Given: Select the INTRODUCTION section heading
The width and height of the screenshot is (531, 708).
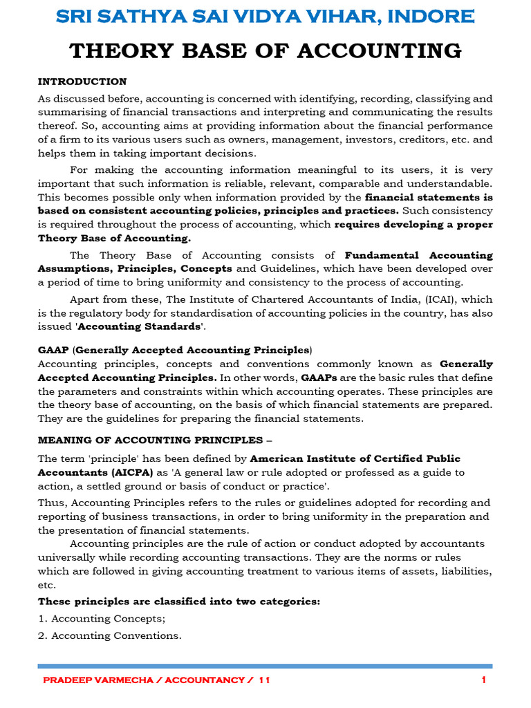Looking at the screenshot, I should tap(82, 82).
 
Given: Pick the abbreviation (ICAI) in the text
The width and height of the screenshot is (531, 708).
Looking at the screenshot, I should tap(438, 299).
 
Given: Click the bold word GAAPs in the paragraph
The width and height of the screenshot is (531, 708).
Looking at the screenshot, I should tap(319, 378).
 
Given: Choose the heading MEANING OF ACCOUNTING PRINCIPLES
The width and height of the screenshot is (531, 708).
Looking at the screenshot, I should tap(150, 440).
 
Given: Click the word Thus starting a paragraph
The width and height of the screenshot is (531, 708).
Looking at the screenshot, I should tap(51, 503).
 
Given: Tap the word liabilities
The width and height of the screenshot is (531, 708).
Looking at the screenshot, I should tap(468, 571).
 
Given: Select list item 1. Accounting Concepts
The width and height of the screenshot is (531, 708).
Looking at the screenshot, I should tap(102, 618).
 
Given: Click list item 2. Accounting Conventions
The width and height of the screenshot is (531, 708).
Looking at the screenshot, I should tap(109, 635).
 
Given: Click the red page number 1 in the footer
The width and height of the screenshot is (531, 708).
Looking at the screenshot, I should tap(484, 680).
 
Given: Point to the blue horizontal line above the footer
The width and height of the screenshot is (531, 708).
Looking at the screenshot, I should tap(265, 666).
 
